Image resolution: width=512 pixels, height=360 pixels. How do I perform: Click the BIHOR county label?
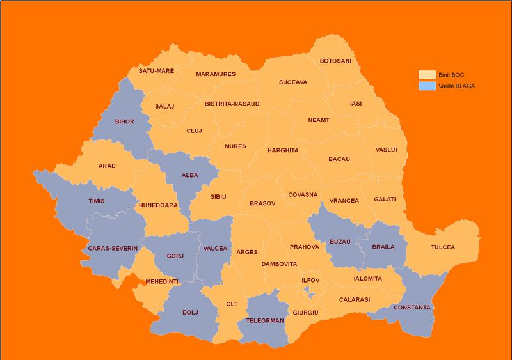pyautogui.click(x=124, y=121)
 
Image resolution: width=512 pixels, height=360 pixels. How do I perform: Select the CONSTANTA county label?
pyautogui.click(x=412, y=308)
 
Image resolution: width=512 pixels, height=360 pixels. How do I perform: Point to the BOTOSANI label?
pyautogui.click(x=335, y=61)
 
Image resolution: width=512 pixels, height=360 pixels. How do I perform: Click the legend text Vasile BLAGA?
pyautogui.click(x=456, y=85)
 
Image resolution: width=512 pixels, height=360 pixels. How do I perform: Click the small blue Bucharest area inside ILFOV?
pyautogui.click(x=310, y=292)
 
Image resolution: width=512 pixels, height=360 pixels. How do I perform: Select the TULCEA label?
pyautogui.click(x=443, y=247)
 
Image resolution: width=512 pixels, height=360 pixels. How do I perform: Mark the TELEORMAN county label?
pyautogui.click(x=264, y=320)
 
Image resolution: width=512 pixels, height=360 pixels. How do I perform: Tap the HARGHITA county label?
pyautogui.click(x=283, y=151)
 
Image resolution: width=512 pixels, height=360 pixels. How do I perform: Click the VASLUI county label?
pyautogui.click(x=387, y=150)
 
